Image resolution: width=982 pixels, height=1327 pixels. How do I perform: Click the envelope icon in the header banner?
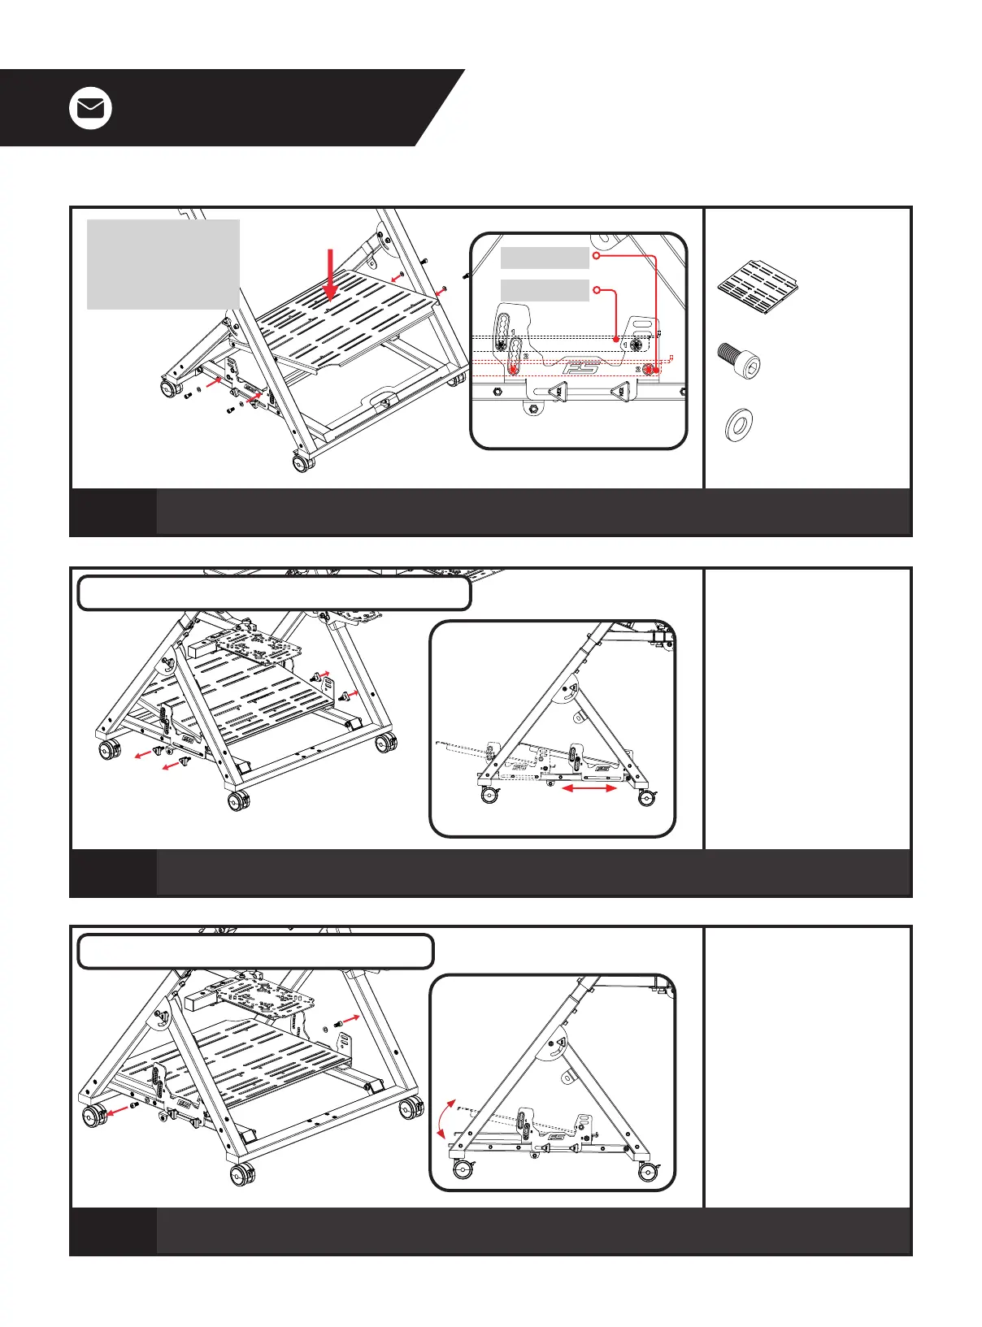pos(90,108)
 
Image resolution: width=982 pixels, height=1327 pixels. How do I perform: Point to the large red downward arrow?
pos(330,276)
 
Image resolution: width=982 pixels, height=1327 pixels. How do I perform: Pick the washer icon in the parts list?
pos(738,425)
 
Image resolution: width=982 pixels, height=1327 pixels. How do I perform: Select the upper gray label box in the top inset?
pos(544,258)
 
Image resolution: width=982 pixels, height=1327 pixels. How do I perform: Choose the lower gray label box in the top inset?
pos(544,290)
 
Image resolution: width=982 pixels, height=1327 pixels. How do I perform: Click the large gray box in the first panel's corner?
pos(163,264)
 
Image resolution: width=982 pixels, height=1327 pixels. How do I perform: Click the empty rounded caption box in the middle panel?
pos(274,593)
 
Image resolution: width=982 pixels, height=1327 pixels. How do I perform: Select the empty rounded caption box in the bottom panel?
pos(255,952)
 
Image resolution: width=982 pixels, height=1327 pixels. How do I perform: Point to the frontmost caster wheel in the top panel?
pos(303,464)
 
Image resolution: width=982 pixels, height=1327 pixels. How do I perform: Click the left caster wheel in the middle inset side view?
pos(489,796)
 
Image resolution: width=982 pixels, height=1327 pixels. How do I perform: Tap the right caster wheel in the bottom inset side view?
pos(648,1171)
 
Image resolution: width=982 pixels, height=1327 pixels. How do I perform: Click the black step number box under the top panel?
pos(113,512)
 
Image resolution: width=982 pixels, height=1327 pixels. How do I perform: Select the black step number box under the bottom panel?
pos(113,1230)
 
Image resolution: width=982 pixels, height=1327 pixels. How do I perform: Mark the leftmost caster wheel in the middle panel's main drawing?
pos(107,748)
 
